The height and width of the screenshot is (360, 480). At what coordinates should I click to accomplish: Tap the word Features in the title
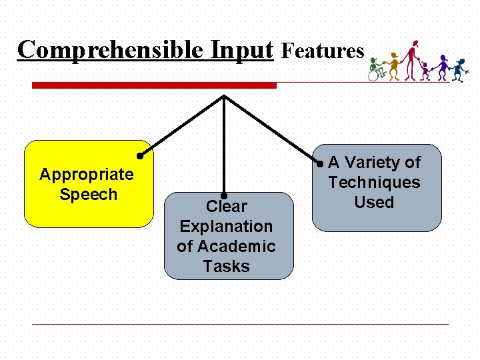point(323,51)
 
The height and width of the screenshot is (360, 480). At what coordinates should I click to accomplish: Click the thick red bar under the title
point(154,85)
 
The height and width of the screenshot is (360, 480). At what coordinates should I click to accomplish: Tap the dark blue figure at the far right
point(459,69)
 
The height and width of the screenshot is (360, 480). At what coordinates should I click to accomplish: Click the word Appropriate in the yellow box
point(87,175)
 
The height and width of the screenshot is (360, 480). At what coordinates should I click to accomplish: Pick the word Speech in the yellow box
point(88,195)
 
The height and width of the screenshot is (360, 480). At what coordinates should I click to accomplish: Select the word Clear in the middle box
point(227,207)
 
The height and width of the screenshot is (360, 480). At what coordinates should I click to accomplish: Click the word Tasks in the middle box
point(227,267)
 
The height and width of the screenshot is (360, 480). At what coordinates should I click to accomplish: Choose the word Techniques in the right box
point(374,183)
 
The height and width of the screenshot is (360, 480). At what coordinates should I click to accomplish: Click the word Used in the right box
point(374,203)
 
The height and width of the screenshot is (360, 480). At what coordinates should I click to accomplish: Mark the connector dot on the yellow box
point(140,156)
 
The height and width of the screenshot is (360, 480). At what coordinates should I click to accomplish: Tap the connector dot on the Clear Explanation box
point(225,196)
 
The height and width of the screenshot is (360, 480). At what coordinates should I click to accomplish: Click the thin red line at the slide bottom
point(240,325)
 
